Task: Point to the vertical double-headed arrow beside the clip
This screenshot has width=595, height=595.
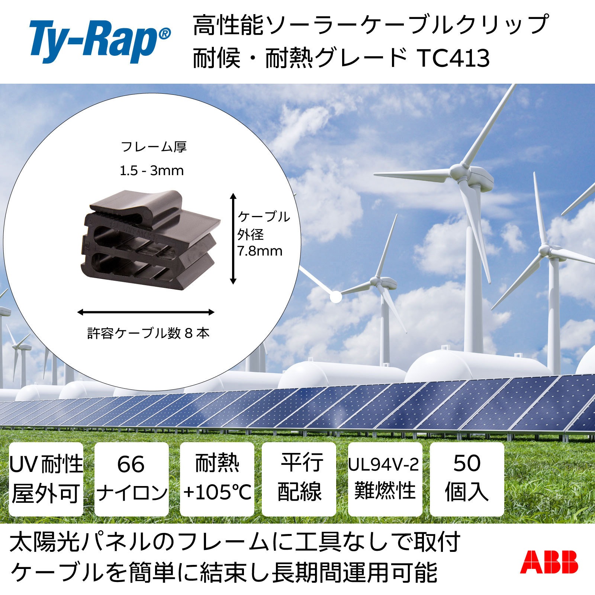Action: tap(233, 238)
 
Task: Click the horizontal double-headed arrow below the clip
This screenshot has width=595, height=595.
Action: tap(146, 312)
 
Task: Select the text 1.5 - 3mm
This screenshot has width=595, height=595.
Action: tap(152, 171)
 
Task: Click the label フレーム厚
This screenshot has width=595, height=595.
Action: tap(154, 147)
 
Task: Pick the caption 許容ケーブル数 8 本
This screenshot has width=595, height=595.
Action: tap(148, 333)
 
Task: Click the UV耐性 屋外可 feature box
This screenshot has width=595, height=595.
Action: tap(46, 479)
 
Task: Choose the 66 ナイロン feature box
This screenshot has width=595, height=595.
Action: tap(131, 479)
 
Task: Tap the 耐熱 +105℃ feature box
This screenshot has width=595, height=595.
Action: tap(217, 479)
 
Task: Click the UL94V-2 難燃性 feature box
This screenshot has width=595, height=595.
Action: tap(385, 479)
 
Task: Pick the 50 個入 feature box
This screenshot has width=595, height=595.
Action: tap(467, 479)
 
